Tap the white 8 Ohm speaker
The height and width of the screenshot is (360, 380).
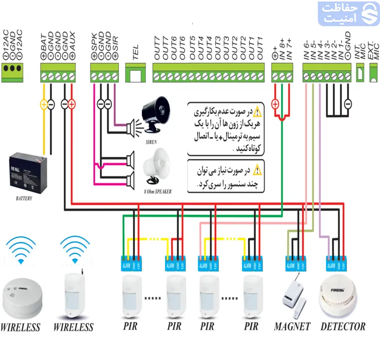(x=156, y=166)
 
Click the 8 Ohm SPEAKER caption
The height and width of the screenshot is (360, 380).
(x=157, y=192)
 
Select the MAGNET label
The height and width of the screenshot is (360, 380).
(x=292, y=327)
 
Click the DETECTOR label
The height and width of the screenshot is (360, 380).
(x=343, y=327)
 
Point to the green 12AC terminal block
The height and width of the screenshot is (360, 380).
(x=12, y=67)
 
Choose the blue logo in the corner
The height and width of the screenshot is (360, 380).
(x=347, y=14)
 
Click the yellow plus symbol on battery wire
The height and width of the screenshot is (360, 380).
(x=44, y=104)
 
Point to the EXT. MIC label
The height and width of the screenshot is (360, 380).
(x=373, y=49)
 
